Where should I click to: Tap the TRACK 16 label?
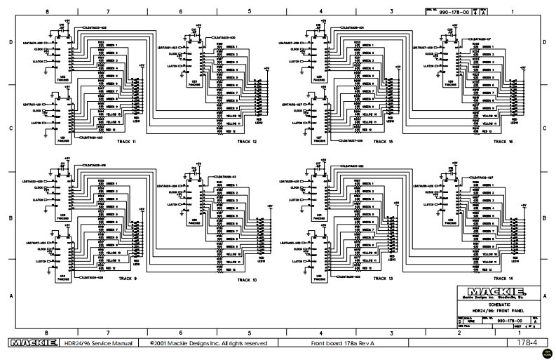pos(503,141)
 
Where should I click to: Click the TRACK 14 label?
pos(503,279)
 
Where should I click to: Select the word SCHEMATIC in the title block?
pos(489,304)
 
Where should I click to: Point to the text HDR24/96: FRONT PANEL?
pos(489,310)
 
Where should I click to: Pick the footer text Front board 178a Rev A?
pos(348,343)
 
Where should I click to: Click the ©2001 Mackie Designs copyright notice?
pos(208,343)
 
